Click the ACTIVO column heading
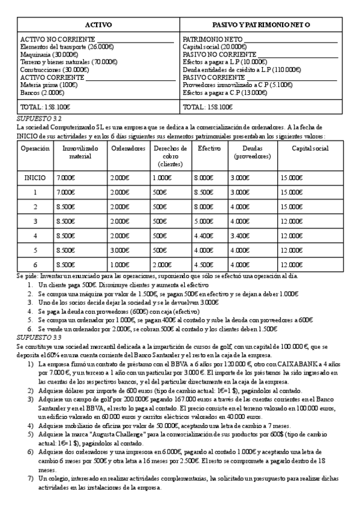point(98,25)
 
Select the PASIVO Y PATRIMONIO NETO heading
point(261,25)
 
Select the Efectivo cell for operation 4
point(203,236)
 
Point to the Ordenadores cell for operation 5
point(121,250)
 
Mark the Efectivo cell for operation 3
point(203,221)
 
